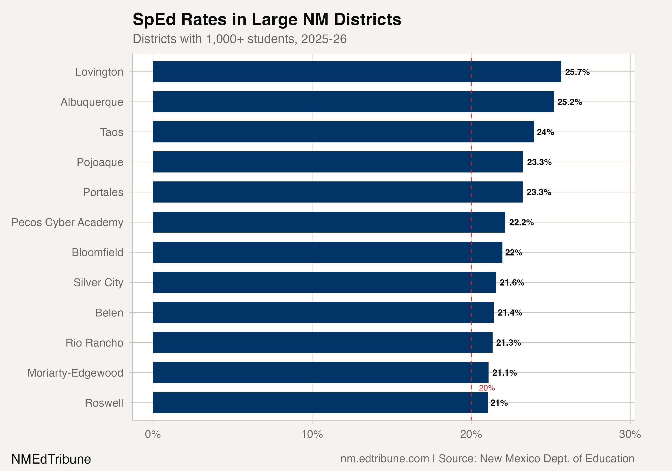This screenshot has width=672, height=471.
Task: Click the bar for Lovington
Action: tap(357, 72)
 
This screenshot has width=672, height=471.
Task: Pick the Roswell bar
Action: tap(320, 403)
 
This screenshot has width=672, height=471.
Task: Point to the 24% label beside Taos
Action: tap(545, 132)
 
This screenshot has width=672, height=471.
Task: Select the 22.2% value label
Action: tap(521, 222)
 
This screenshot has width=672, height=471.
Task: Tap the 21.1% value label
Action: tap(504, 373)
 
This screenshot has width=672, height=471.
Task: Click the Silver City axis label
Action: tap(98, 283)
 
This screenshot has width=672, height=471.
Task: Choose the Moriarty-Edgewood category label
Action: tap(75, 373)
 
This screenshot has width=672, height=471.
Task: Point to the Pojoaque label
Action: tap(100, 162)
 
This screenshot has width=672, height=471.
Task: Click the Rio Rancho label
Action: tap(94, 343)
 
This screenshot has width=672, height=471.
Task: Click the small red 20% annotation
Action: tap(487, 388)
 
